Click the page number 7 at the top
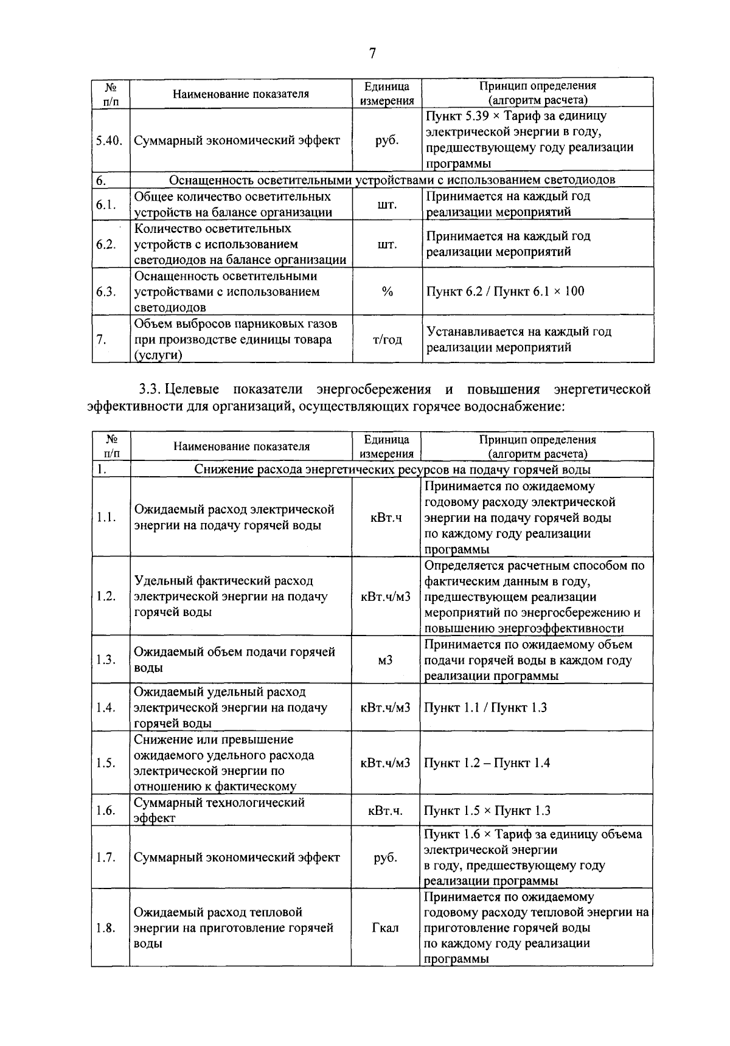[x=372, y=54]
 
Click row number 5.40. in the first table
[x=109, y=140]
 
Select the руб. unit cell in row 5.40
[x=387, y=140]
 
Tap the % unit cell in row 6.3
[x=387, y=292]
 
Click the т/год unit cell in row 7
[x=387, y=340]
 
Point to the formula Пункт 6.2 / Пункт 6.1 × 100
[x=505, y=291]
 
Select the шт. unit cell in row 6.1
[x=387, y=204]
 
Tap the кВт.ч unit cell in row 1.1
[x=386, y=518]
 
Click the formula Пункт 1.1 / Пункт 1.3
[x=485, y=707]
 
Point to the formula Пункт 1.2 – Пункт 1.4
[x=487, y=763]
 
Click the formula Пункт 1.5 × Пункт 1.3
[x=487, y=811]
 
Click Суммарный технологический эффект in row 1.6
[x=219, y=810]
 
